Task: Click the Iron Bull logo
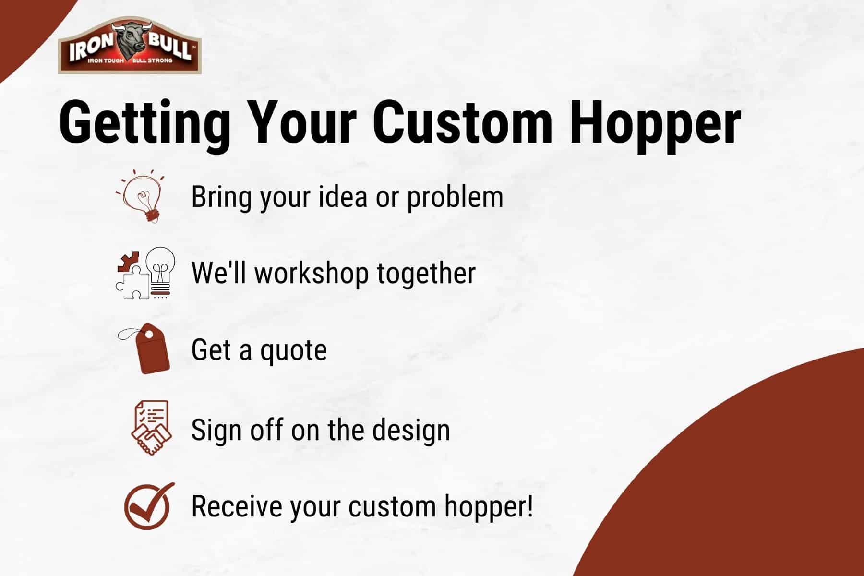pyautogui.click(x=130, y=46)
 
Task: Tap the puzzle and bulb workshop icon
pyautogui.click(x=145, y=273)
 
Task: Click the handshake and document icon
pyautogui.click(x=150, y=428)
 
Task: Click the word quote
pyautogui.click(x=293, y=350)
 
